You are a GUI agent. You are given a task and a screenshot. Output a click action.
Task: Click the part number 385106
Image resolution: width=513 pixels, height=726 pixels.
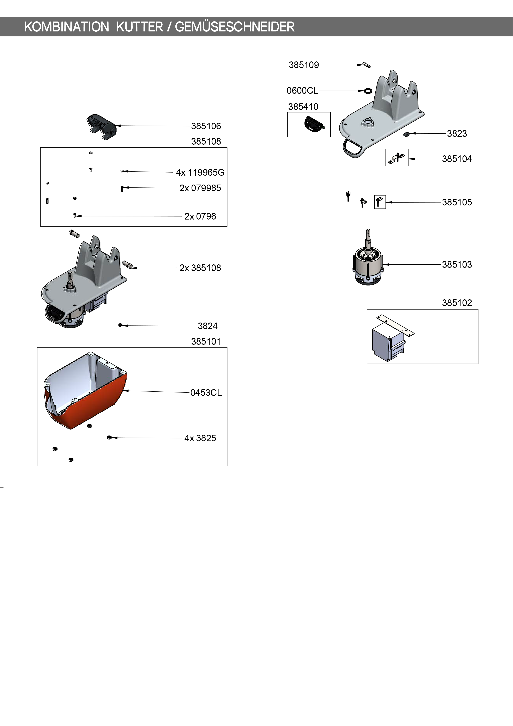tap(206, 126)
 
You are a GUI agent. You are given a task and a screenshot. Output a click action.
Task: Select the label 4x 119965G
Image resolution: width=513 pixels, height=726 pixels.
tap(200, 173)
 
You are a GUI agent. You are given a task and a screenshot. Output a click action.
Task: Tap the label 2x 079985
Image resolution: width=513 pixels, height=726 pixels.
tap(200, 188)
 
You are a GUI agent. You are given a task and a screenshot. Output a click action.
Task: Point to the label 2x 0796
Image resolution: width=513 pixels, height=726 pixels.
tap(200, 217)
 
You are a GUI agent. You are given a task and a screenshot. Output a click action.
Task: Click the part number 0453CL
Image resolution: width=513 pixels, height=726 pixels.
tap(206, 393)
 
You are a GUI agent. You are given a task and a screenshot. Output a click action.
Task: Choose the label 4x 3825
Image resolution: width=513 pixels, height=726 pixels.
tap(200, 438)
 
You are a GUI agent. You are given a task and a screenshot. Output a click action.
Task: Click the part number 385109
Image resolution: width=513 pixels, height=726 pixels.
tap(304, 65)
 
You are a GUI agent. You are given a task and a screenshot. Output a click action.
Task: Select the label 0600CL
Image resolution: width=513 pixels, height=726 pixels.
tap(302, 91)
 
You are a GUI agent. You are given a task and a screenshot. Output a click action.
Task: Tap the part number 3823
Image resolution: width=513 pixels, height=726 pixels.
tap(457, 134)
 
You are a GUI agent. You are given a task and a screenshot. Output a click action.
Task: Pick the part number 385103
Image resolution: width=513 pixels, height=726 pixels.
tap(457, 265)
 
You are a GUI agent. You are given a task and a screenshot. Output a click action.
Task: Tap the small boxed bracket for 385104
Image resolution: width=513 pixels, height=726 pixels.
tap(397, 157)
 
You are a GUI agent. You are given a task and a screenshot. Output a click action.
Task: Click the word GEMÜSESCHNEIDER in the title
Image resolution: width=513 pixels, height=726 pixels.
tap(235, 27)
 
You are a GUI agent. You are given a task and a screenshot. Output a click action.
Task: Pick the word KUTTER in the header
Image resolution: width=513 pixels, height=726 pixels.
tap(139, 27)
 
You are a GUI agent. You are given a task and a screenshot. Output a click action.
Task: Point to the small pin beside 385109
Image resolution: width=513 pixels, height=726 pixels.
tap(367, 65)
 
